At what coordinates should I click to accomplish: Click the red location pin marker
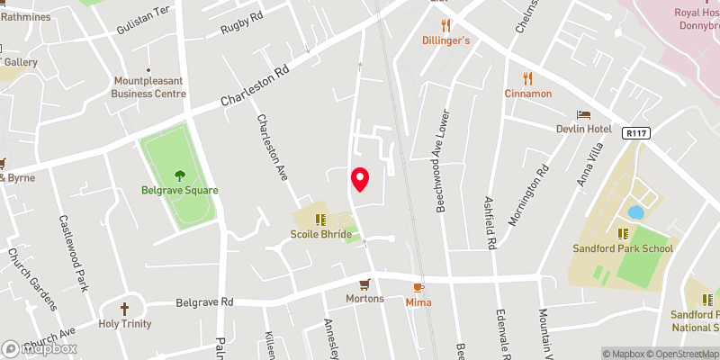point(360,179)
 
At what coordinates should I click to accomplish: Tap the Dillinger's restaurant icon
point(445,25)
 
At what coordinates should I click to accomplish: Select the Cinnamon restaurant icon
point(528,78)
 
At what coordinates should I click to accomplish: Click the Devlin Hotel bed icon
point(583,115)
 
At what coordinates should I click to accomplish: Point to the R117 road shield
point(634,132)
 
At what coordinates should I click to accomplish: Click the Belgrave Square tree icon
point(179,175)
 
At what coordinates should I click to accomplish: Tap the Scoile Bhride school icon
point(320,220)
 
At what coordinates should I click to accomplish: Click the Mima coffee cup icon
point(417,287)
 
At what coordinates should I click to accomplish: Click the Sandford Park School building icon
point(622,233)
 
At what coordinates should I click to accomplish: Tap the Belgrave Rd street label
point(204,302)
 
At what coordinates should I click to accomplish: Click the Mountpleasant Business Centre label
point(149,86)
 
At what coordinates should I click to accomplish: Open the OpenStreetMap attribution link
point(680,354)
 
